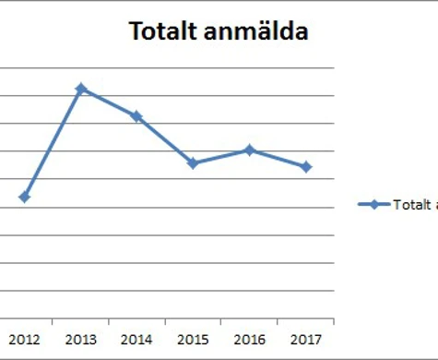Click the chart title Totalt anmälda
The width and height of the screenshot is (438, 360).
219,31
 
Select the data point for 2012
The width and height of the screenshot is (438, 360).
25,197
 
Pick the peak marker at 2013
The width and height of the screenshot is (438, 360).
81,89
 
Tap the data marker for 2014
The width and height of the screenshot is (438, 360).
136,116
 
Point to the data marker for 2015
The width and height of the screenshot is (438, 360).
193,163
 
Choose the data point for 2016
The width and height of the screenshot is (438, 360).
249,150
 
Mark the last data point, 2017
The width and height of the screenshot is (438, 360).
306,166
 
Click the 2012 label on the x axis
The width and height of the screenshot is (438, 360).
25,338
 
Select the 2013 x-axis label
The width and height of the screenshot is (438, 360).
81,338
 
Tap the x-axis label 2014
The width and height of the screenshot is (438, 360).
136,338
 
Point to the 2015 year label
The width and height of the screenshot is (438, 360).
193,338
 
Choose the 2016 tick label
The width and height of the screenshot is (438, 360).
249,338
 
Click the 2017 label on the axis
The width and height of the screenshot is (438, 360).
305,338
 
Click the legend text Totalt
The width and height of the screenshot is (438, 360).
411,205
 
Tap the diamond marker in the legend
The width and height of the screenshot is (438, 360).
373,205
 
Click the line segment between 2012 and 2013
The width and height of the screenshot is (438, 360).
53,143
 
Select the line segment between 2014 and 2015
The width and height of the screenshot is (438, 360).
164,139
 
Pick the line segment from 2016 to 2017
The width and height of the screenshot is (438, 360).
278,158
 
